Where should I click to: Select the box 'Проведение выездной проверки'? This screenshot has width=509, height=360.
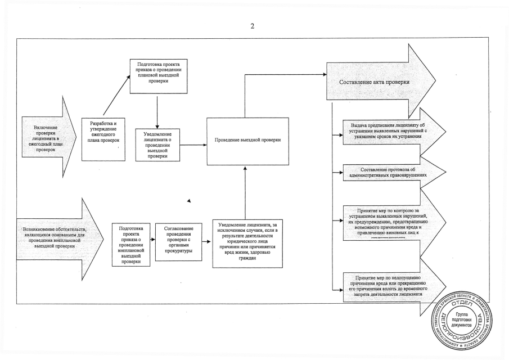[247, 141]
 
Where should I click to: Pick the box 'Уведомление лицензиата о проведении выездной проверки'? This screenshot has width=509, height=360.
[157, 145]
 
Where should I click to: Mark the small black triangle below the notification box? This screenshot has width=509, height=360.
[189, 201]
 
